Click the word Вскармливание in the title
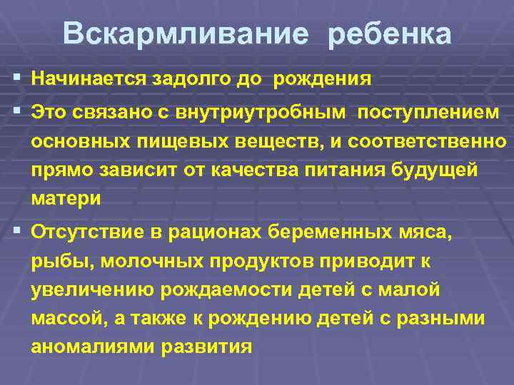186,34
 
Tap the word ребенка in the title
390,34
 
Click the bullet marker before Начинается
15,78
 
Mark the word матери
66,200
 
